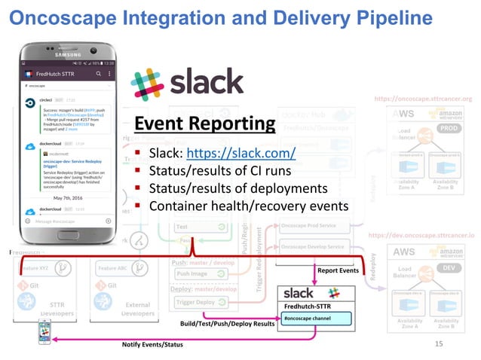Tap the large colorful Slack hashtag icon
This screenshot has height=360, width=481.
[x=149, y=82]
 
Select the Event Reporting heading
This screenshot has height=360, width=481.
[x=204, y=124]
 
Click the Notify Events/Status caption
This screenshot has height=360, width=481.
[x=152, y=344]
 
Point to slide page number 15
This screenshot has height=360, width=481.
[x=440, y=344]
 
